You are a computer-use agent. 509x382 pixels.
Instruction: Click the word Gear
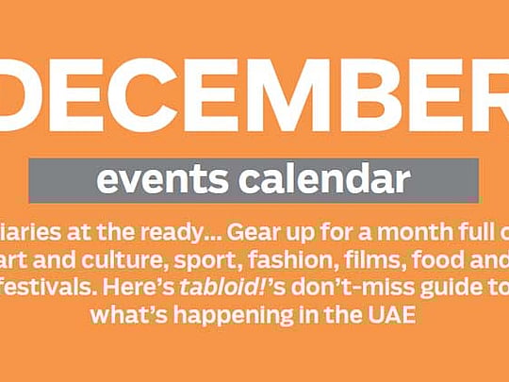coord(254,232)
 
